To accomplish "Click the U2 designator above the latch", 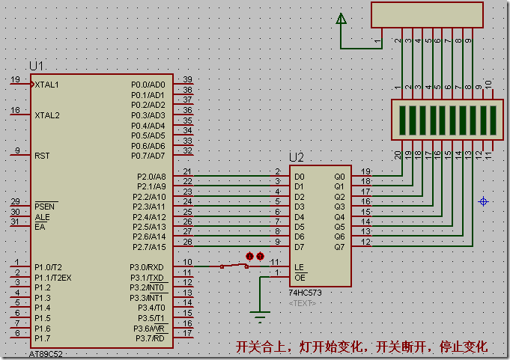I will [x=297, y=158].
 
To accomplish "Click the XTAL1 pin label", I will [x=47, y=85].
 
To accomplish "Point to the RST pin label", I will [x=43, y=156].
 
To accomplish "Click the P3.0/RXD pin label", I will [x=148, y=267].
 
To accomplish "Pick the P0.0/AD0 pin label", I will [x=148, y=85].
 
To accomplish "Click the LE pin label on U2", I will [x=300, y=267].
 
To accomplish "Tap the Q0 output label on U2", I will [x=339, y=176].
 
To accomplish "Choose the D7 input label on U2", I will [x=300, y=246].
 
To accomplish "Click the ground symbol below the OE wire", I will [x=260, y=316].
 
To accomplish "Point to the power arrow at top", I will [x=341, y=18].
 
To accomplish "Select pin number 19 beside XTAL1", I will [x=15, y=79].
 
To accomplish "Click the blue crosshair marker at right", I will [x=484, y=201].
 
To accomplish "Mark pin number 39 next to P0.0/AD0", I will [x=187, y=79].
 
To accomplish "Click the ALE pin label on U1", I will [x=42, y=216].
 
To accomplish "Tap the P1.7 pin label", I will [x=42, y=338].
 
